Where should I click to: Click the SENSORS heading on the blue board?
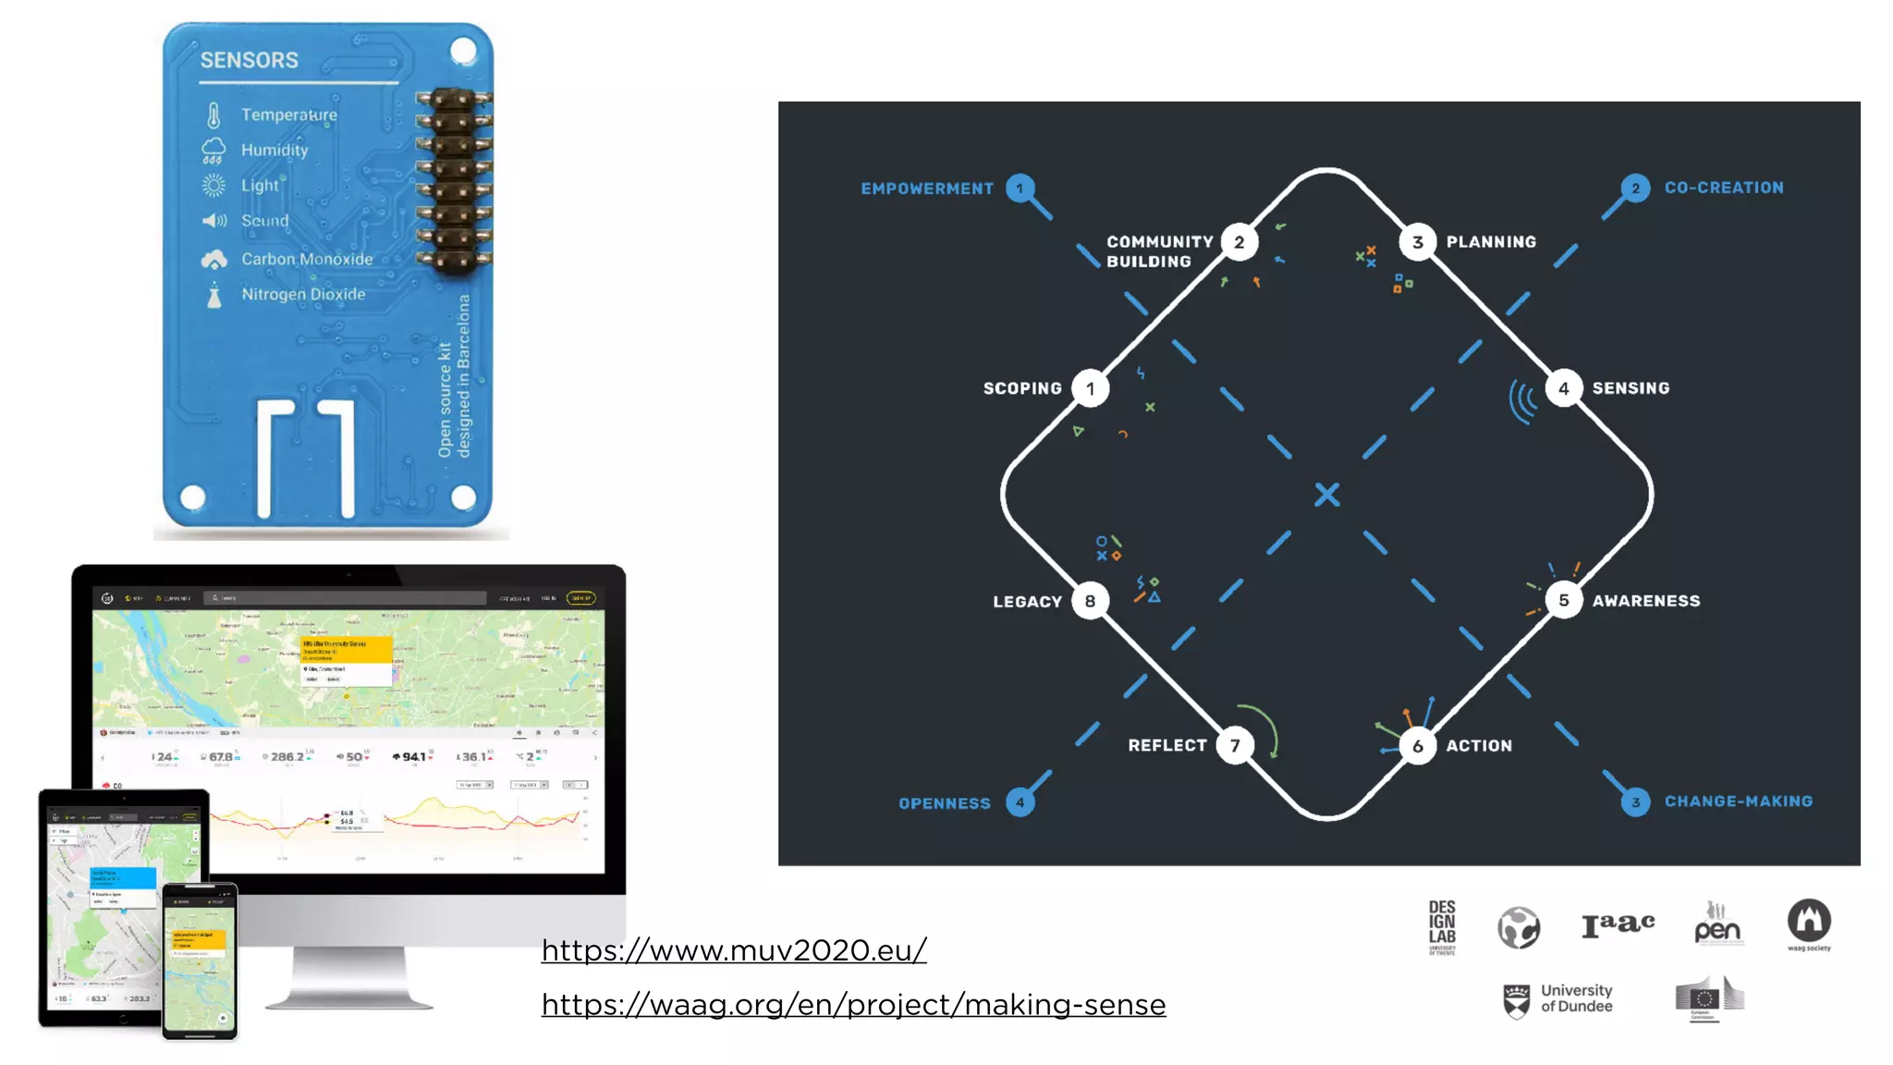[250, 60]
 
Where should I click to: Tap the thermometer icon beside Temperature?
[214, 116]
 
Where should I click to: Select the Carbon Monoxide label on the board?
[307, 260]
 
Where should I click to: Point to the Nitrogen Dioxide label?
[303, 295]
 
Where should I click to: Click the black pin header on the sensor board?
[453, 180]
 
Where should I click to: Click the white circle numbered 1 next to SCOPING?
[1091, 389]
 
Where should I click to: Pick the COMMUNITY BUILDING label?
[1159, 251]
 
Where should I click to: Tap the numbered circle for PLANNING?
[1417, 242]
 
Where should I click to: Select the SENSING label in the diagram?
[1630, 388]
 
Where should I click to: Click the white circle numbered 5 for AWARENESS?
[1563, 601]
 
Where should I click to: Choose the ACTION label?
[1479, 746]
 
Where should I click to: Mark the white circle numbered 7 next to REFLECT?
[1235, 745]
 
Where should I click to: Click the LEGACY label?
[1027, 602]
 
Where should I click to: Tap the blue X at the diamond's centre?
[1327, 495]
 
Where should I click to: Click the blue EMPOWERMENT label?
[927, 189]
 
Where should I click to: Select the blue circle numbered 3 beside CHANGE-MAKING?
[1635, 802]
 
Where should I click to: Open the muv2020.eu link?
[734, 950]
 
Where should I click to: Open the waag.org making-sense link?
[853, 1004]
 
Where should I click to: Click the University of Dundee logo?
[1558, 999]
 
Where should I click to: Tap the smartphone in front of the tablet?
[200, 961]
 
